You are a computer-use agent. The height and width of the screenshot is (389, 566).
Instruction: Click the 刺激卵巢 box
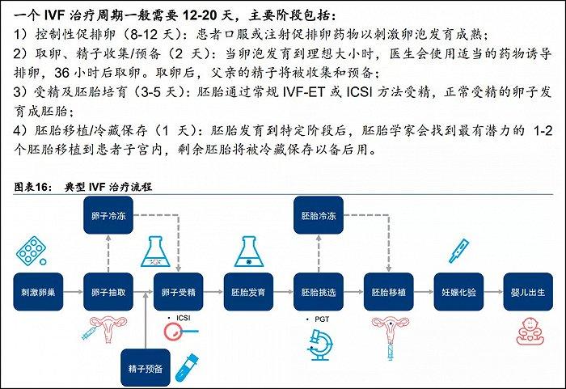pyautogui.click(x=38, y=292)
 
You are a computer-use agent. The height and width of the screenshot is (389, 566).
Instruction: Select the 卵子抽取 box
pyautogui.click(x=108, y=292)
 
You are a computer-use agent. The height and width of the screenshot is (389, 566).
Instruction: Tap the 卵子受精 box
pyautogui.click(x=179, y=292)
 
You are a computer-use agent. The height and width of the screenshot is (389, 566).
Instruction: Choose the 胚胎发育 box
pyautogui.click(x=248, y=292)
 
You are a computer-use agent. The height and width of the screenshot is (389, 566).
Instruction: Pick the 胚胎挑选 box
pyautogui.click(x=319, y=292)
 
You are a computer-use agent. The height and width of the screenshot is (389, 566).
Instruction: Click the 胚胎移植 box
pyautogui.click(x=388, y=292)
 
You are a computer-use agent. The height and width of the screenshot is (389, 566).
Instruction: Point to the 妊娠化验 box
pyautogui.click(x=458, y=292)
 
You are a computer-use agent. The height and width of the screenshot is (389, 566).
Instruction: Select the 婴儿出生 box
pyautogui.click(x=528, y=292)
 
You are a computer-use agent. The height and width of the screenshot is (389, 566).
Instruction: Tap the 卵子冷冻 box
pyautogui.click(x=108, y=215)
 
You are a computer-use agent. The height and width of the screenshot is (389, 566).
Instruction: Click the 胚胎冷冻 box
pyautogui.click(x=319, y=215)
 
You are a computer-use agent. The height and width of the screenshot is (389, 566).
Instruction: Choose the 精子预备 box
pyautogui.click(x=146, y=368)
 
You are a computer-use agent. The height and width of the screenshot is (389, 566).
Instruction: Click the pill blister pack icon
pyautogui.click(x=32, y=251)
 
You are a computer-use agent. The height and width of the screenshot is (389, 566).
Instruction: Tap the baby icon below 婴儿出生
pyautogui.click(x=530, y=332)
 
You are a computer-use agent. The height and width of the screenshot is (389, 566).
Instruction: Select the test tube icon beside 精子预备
pyautogui.click(x=187, y=367)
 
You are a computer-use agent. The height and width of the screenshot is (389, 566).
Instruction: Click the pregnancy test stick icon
pyautogui.click(x=458, y=251)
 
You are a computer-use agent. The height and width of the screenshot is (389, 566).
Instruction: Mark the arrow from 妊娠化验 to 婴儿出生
pyautogui.click(x=493, y=292)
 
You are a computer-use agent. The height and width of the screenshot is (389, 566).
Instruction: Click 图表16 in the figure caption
pyautogui.click(x=31, y=187)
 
